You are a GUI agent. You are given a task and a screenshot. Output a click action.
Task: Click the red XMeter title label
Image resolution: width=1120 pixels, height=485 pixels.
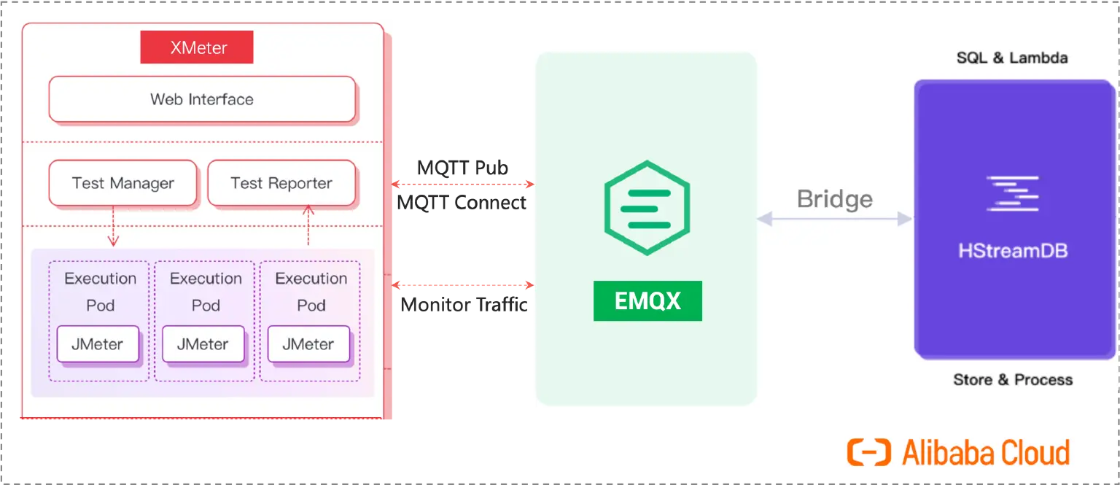(x=197, y=48)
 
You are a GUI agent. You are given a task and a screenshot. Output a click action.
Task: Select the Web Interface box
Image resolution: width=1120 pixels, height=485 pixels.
(x=202, y=99)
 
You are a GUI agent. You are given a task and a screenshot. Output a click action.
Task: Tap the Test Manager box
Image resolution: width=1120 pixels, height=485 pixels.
(x=122, y=183)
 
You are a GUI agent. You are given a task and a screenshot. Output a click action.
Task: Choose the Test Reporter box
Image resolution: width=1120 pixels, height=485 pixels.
(x=281, y=183)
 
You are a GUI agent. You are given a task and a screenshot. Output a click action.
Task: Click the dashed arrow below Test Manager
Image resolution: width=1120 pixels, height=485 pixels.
(x=113, y=226)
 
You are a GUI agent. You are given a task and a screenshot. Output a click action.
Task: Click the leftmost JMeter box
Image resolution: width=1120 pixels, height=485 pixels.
(x=98, y=344)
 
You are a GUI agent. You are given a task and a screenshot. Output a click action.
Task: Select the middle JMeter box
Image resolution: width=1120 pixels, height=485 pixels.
(x=203, y=344)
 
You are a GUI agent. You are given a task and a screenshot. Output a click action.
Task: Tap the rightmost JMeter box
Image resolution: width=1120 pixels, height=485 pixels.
(x=308, y=344)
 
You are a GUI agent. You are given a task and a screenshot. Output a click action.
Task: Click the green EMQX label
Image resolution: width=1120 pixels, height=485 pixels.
(x=647, y=301)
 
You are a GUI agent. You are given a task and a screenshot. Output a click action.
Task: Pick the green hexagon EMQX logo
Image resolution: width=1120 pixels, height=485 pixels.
(x=647, y=208)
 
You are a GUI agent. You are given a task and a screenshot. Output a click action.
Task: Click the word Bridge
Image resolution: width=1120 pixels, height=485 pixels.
(x=835, y=199)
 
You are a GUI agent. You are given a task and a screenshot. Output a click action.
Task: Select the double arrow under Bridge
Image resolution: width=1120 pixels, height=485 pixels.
(x=835, y=218)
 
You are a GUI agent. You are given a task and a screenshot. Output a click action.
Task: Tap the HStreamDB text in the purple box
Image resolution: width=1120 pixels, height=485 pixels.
(x=1013, y=252)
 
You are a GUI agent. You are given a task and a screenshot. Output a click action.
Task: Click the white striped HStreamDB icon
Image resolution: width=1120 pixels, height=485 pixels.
(x=1012, y=193)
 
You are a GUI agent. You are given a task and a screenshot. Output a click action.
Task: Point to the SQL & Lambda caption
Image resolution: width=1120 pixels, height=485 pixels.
(x=1012, y=58)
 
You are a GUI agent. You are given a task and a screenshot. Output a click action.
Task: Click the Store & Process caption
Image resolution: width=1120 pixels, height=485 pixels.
(x=1013, y=379)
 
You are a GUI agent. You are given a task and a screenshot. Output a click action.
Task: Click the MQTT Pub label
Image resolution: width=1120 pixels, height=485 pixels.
(x=463, y=168)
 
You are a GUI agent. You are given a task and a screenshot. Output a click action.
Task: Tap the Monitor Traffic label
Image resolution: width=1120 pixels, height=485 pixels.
(x=463, y=305)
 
